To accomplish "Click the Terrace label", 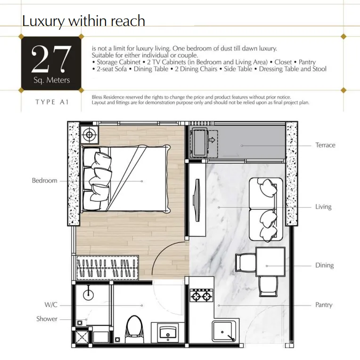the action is coord(325,145).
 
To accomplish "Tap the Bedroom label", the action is coord(45,180).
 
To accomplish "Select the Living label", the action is coord(323,207).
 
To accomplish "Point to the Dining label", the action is coord(324,265).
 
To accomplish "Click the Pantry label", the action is coord(324,305).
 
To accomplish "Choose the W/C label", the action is coord(51,305).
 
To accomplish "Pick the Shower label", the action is coord(47,319).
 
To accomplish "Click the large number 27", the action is coord(51,59).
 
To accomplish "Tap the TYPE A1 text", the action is coord(52,102).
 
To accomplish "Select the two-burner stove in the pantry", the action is coord(201,295).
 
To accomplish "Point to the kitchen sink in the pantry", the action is coord(224,331).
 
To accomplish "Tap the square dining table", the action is coord(270,261).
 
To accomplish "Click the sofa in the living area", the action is coord(266,209).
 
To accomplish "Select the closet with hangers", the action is coord(107,268).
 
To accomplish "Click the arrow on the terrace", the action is coord(212,140).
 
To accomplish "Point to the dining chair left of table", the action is coord(245,262).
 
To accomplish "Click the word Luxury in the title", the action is coord(43,21).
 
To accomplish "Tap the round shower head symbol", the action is coord(88,294).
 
